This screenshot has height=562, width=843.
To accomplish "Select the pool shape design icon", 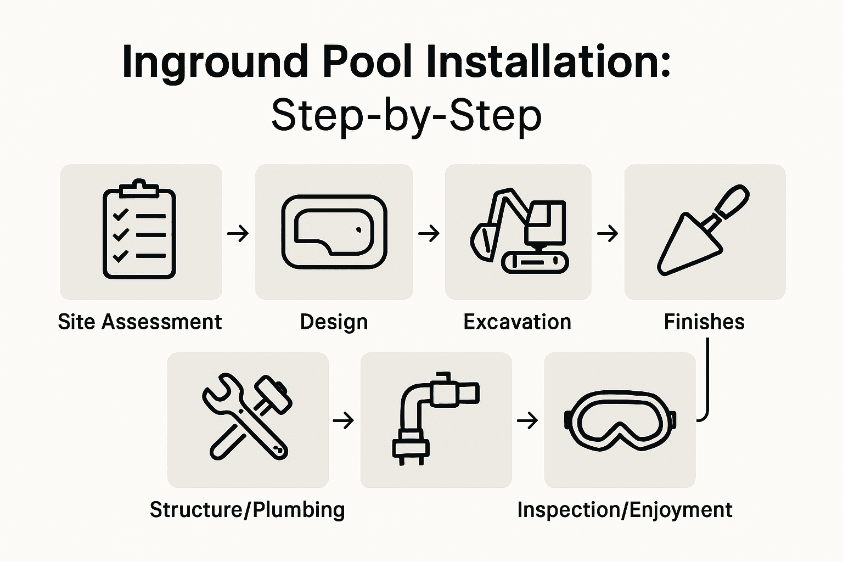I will coord(334,232).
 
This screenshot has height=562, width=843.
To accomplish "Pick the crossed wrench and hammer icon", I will coord(247,417).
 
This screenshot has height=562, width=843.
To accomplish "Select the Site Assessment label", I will coord(140,322).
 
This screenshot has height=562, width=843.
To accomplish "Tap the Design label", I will coord(334,322).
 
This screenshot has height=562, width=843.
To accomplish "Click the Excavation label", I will coord(518,322).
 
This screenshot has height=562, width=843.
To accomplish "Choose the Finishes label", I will coord(704,322).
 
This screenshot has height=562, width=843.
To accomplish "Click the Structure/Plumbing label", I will coord(248,510).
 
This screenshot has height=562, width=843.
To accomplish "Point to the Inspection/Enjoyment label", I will coord(625,510).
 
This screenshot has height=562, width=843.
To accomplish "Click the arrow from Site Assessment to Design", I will coord(238,234).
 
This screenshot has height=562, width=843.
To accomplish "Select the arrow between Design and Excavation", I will coord(429,234).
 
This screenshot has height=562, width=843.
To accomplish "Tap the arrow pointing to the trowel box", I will coord(608,234).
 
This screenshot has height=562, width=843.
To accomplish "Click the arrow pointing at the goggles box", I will coord(527,421).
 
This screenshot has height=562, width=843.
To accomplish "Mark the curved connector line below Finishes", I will coord(707,384).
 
